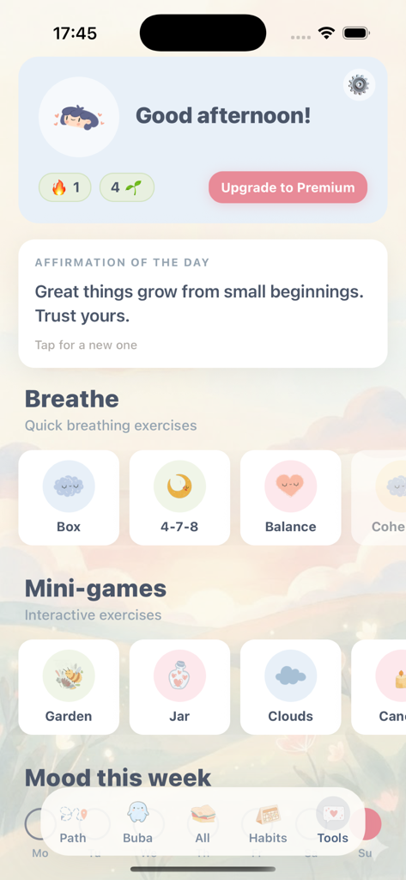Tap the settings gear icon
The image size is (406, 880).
[359, 84]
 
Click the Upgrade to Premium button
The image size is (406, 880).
[288, 187]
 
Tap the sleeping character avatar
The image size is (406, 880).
[79, 118]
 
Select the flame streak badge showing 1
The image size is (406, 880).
[65, 187]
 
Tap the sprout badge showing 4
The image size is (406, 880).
[127, 187]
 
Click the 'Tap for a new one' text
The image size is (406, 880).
[86, 345]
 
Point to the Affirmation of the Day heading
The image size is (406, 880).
[122, 262]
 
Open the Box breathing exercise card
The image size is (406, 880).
[69, 498]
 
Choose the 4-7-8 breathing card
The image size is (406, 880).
[179, 498]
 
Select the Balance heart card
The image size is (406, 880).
[290, 498]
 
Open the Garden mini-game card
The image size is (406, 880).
[69, 687]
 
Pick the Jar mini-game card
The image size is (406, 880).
[179, 687]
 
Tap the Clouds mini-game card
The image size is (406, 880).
[290, 687]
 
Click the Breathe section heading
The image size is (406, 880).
[72, 399]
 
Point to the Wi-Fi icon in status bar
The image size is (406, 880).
[326, 34]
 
